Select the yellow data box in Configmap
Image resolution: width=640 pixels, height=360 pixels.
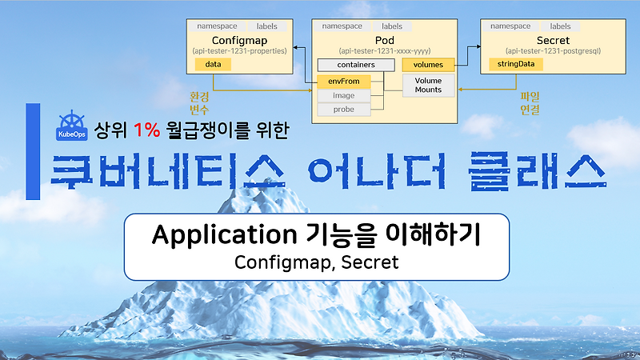click(213, 64)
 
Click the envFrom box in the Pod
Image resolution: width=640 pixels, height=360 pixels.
click(344, 81)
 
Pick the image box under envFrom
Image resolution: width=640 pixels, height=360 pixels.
click(344, 95)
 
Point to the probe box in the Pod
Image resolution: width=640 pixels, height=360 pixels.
click(344, 109)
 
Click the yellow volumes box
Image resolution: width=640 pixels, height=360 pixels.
click(427, 64)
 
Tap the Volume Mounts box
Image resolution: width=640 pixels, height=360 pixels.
click(427, 85)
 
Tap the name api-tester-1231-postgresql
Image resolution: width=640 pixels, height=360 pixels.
click(548, 50)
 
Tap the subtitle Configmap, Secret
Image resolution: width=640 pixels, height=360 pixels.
click(316, 262)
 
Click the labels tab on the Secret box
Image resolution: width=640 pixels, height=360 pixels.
click(560, 26)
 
